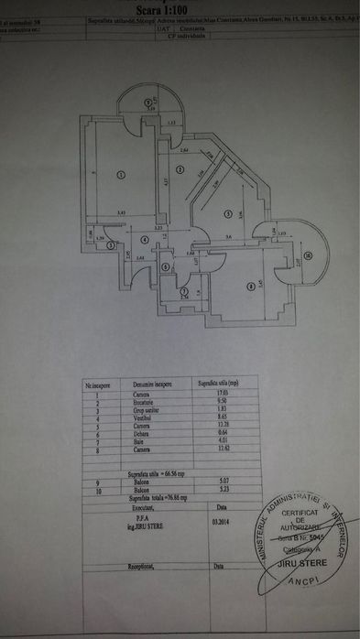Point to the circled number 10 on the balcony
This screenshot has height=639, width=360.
(308, 255)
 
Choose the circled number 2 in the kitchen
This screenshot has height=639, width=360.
(180, 169)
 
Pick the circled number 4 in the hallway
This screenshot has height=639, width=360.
(145, 241)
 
